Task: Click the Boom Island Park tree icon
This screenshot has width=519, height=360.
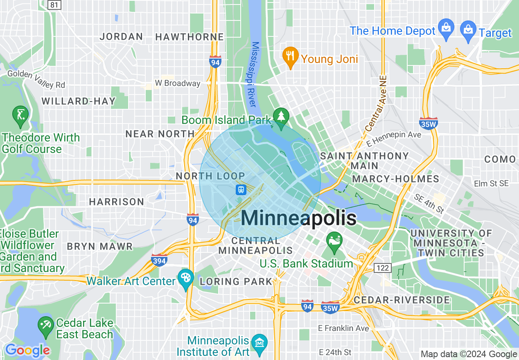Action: coord(281,118)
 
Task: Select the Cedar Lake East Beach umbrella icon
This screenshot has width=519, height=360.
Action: coord(45,326)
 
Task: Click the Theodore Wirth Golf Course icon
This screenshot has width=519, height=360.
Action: coord(20,115)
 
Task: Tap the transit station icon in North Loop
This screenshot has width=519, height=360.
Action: coord(241,190)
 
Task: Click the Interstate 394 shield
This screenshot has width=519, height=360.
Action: coord(159,260)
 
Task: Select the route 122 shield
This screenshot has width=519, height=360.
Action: coord(382,268)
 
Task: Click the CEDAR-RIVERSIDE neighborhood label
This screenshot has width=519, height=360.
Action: coord(402,300)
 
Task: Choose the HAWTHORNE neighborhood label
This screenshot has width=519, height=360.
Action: coord(190,37)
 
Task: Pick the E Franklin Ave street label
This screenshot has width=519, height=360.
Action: coord(344,328)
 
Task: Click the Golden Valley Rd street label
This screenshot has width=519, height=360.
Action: coord(36,79)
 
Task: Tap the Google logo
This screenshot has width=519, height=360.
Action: coord(27,351)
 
